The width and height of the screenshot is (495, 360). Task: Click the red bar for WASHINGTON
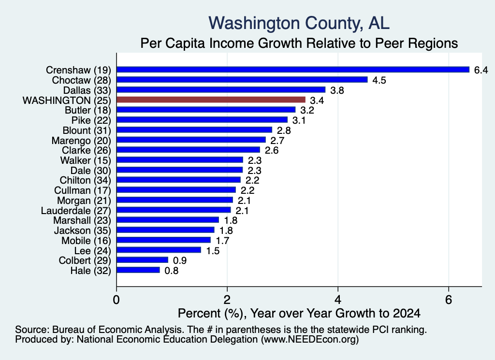coord(211,100)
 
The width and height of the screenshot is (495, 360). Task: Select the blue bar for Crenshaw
coord(293,70)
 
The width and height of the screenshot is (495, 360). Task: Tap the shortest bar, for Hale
coord(138,270)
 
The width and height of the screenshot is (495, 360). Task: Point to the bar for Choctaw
coord(242,80)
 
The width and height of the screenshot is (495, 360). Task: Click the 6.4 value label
coord(481,70)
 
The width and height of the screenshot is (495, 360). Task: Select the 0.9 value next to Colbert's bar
coord(180,260)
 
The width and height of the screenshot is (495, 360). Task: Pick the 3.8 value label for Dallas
coord(337,90)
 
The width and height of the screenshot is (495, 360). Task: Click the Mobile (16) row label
coord(86,241)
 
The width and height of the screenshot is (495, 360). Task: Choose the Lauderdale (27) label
coord(76,211)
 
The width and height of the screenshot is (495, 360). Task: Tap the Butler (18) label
coord(88,110)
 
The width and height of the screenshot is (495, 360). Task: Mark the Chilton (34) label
coord(86,180)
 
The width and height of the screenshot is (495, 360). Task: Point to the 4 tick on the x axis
coord(338,300)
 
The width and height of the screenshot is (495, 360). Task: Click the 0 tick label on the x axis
coord(116,300)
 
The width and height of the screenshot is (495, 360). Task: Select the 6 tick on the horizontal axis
coord(449,300)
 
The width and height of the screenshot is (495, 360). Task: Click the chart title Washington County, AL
coord(299,23)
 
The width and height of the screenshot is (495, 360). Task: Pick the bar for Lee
coord(159,250)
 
